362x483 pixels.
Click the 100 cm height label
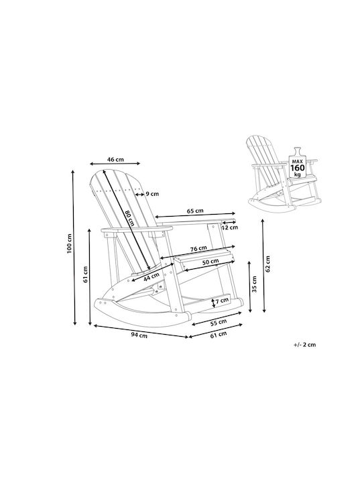(70, 244)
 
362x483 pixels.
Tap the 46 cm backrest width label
(115, 159)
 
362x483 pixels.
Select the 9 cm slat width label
(152, 194)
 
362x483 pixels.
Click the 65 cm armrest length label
(195, 211)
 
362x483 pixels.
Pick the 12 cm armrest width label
(230, 227)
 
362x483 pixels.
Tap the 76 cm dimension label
(198, 248)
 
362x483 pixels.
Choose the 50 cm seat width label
(210, 262)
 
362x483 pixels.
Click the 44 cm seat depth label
(152, 276)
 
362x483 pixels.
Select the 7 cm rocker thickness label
(223, 301)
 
